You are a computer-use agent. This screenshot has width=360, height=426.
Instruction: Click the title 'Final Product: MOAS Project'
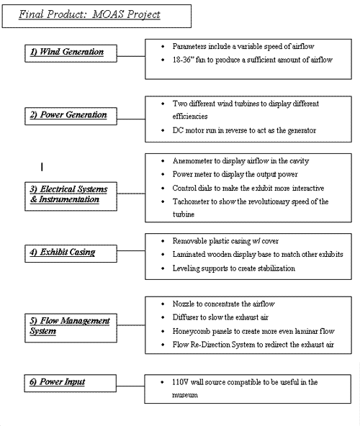click(x=89, y=14)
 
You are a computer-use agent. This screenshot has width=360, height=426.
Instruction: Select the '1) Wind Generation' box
click(x=71, y=53)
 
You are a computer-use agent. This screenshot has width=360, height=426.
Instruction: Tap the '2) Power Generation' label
click(x=68, y=114)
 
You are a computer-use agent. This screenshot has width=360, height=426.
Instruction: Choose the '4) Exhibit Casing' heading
click(x=63, y=252)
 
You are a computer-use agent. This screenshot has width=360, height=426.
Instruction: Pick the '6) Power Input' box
click(x=70, y=383)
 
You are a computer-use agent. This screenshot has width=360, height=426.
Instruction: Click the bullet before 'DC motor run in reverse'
click(x=163, y=131)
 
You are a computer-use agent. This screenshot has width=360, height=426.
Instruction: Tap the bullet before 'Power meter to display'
click(x=163, y=174)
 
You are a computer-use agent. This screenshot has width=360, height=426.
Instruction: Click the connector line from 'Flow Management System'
click(x=131, y=325)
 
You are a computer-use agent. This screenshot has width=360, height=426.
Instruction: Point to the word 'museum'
click(x=185, y=395)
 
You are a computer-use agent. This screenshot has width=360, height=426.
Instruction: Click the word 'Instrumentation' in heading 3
click(x=69, y=199)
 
